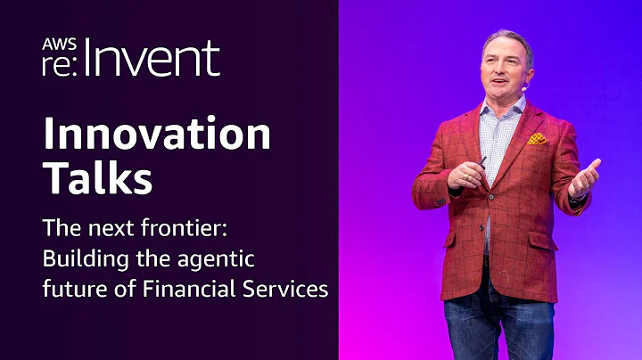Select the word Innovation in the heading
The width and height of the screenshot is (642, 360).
pos(156,135)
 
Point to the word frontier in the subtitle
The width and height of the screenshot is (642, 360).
pos(185,227)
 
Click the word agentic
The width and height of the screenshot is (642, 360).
pos(213,258)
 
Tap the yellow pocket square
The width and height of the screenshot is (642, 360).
pos(536,138)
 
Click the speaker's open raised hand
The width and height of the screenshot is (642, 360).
pos(584,177)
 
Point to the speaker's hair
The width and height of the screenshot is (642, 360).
pos(506,40)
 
